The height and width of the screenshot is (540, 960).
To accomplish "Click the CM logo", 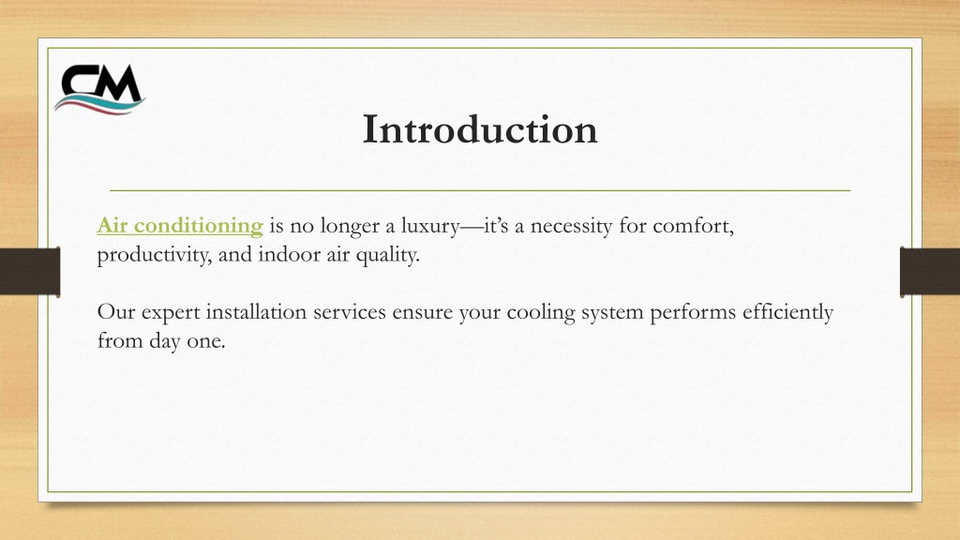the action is click(99, 89).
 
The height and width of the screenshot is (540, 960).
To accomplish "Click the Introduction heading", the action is click(480, 129).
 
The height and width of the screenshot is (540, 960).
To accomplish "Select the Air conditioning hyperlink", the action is click(180, 226).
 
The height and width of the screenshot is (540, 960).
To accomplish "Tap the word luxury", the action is click(429, 227).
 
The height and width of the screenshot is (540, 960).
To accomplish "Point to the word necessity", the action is click(571, 227).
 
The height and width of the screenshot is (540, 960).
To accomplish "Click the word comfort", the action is click(693, 226).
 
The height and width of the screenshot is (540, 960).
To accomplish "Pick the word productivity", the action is click(155, 255).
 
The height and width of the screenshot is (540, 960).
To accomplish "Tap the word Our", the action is click(116, 312).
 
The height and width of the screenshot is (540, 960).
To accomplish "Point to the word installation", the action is click(257, 312).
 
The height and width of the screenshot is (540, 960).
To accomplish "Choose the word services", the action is click(350, 313).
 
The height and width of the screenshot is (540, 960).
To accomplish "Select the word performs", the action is click(693, 313).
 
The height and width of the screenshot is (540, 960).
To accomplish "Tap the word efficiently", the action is click(787, 313).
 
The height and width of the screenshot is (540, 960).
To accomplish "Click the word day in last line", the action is click(165, 341).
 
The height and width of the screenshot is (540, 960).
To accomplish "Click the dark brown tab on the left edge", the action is click(30, 272).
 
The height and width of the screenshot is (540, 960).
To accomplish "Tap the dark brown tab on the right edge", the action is click(930, 272).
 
